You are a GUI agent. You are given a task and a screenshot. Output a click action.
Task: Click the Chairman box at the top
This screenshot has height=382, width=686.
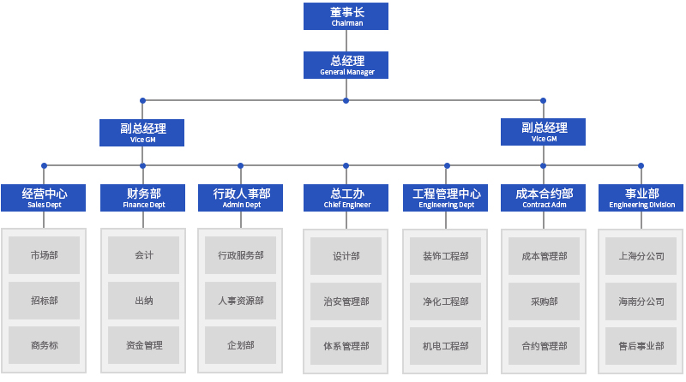346,16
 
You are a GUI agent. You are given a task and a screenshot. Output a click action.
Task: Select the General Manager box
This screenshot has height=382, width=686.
346,65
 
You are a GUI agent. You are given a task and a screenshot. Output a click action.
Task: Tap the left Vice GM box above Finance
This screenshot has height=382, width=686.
142,132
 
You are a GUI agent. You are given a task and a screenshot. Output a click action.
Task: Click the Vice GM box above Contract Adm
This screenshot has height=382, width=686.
544,132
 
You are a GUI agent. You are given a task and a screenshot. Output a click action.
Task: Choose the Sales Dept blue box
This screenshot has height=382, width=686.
45,198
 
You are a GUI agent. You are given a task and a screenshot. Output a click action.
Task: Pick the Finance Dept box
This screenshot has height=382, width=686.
143,198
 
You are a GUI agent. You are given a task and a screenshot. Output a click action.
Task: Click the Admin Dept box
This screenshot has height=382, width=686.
241,198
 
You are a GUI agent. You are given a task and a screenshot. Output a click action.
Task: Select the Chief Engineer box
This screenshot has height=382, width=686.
346,198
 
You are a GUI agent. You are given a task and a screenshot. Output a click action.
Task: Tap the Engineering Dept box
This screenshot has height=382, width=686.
446,198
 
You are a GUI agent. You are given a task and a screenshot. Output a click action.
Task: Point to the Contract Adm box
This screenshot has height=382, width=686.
544,198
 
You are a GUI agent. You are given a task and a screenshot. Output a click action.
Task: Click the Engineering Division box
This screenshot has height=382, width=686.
641,198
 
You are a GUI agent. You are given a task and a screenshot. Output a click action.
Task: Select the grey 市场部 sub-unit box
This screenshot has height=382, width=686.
45,255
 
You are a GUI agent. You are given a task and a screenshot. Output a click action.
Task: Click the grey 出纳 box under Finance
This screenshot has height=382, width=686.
143,301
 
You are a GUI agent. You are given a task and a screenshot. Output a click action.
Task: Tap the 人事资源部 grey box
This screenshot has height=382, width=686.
241,301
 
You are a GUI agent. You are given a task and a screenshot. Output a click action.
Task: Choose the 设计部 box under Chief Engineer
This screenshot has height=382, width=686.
346,255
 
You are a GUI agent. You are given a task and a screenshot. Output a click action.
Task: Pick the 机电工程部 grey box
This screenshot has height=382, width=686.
446,346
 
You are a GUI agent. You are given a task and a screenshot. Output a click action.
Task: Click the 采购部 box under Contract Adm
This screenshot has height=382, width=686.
544,301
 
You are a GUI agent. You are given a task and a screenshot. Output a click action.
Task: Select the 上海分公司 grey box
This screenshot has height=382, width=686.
641,255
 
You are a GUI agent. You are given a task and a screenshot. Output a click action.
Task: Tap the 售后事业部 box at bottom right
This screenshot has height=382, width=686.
641,346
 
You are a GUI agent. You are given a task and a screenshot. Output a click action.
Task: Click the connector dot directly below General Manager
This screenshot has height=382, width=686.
346,100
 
